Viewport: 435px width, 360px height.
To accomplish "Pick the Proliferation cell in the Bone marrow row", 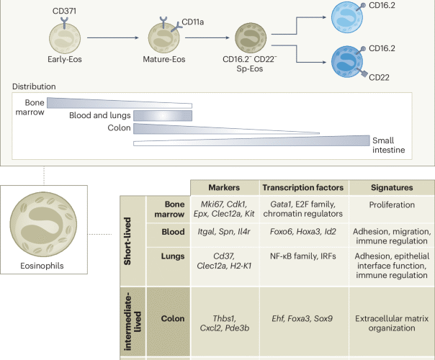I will coord(384,204).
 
